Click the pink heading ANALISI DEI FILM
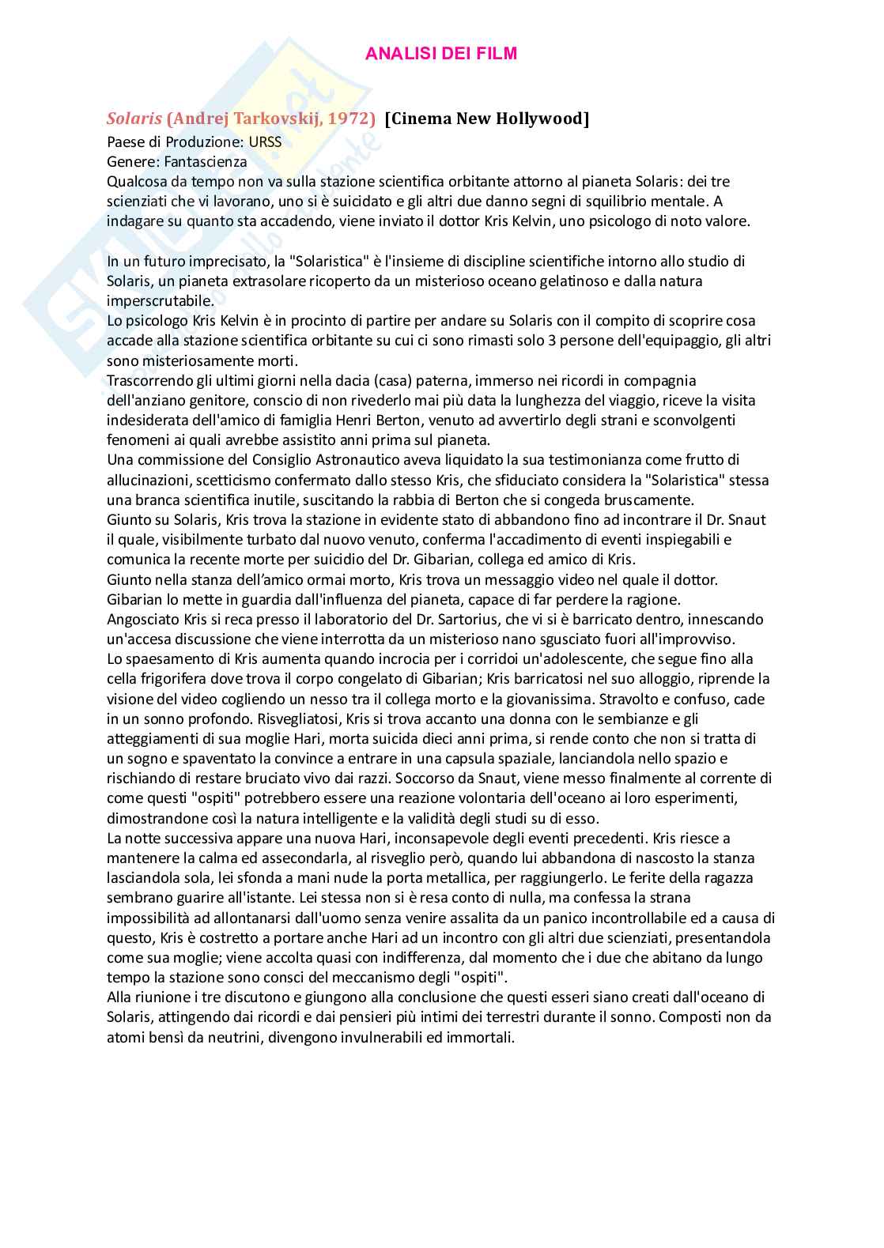point(441,54)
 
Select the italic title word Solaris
point(134,119)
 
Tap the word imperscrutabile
point(159,301)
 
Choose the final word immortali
point(482,1037)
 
